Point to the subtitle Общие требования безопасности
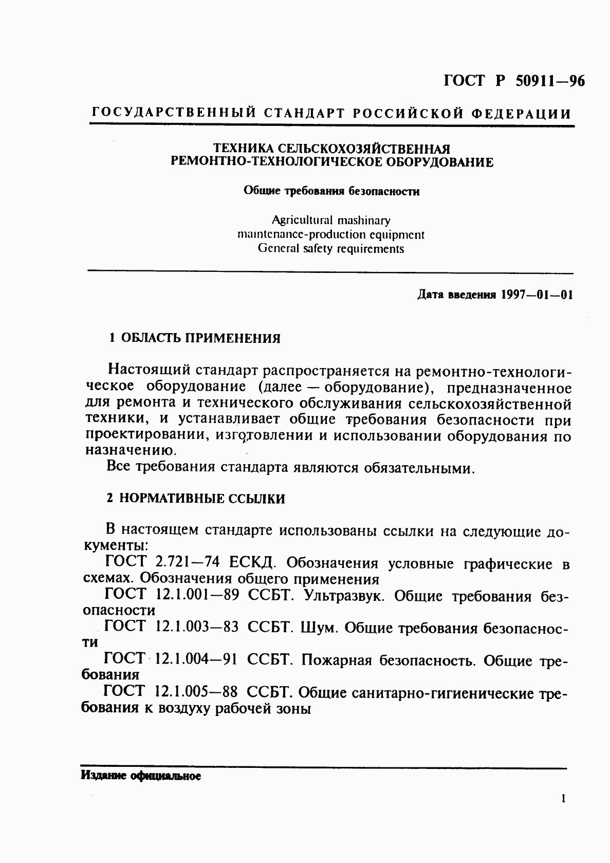(331, 192)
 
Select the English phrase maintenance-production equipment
(331, 235)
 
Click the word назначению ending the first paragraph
(131, 451)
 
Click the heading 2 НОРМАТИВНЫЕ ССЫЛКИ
(195, 499)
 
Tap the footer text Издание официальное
(141, 776)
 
